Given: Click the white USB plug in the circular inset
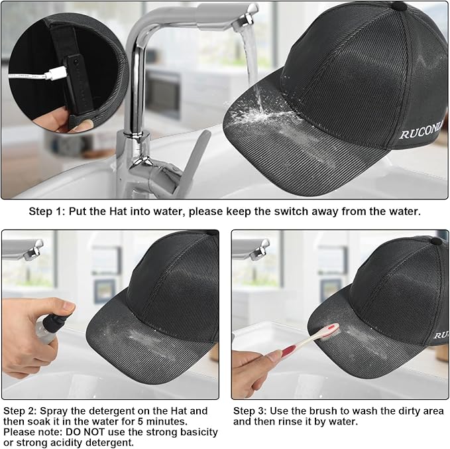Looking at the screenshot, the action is pyautogui.click(x=57, y=73).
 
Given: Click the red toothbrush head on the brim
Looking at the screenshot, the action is pyautogui.click(x=329, y=331).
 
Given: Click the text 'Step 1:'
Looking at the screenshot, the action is pyautogui.click(x=47, y=212).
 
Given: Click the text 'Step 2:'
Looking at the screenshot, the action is pyautogui.click(x=21, y=411).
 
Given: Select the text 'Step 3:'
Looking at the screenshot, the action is pyautogui.click(x=251, y=411).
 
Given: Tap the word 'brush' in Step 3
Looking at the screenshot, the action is pyautogui.click(x=324, y=411).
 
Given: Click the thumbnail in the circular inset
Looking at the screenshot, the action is pyautogui.click(x=84, y=125).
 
